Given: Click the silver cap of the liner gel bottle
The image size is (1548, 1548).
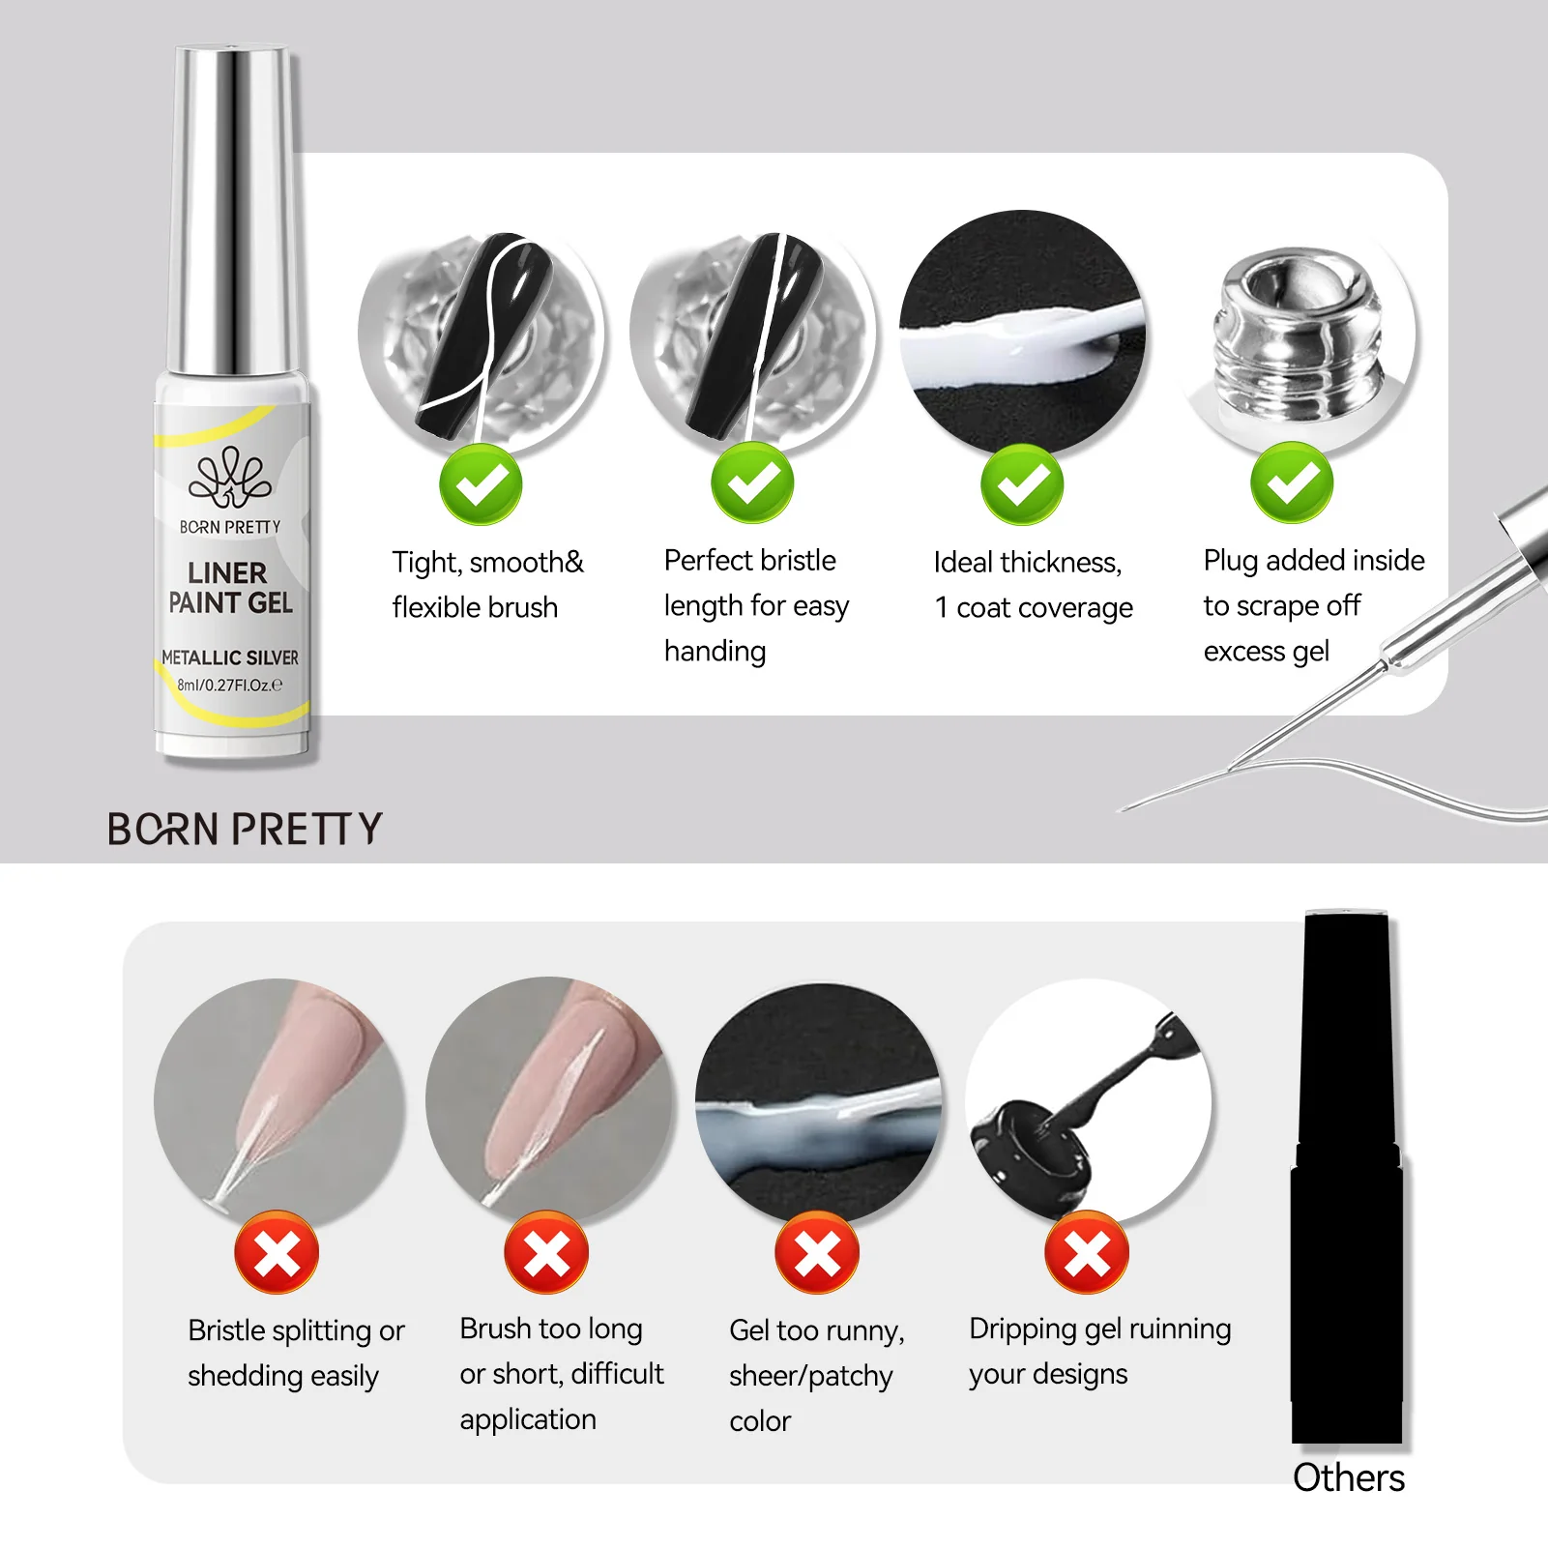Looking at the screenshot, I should click(x=232, y=208).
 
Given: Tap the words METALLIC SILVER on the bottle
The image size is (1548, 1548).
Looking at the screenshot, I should click(x=230, y=657).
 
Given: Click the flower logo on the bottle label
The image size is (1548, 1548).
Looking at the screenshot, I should click(x=229, y=477).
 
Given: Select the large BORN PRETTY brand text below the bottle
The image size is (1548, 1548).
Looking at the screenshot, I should click(x=245, y=830).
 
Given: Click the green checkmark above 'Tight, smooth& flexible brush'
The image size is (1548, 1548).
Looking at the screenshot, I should click(x=481, y=484).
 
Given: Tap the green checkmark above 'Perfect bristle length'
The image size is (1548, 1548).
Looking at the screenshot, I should click(x=752, y=482).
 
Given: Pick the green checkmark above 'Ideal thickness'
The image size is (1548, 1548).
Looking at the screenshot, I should click(x=1022, y=484).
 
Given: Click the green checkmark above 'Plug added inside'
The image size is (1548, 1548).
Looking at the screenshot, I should click(x=1292, y=482).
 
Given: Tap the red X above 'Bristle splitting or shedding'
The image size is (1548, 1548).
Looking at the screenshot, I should click(x=277, y=1254).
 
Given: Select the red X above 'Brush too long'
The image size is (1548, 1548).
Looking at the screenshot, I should click(x=546, y=1254).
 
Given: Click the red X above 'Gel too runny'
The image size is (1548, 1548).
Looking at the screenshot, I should click(x=817, y=1254).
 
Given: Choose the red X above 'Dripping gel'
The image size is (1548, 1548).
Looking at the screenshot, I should click(x=1087, y=1254).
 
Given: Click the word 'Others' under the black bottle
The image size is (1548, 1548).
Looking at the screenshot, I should click(x=1348, y=1478).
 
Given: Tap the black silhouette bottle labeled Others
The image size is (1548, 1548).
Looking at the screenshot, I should click(x=1347, y=1180).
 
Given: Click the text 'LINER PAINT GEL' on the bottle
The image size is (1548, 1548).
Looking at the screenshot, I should click(x=229, y=588).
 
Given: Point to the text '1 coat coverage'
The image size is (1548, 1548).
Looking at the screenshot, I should click(x=1033, y=608).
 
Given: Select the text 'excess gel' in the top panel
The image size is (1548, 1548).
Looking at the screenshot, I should click(x=1266, y=652).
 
